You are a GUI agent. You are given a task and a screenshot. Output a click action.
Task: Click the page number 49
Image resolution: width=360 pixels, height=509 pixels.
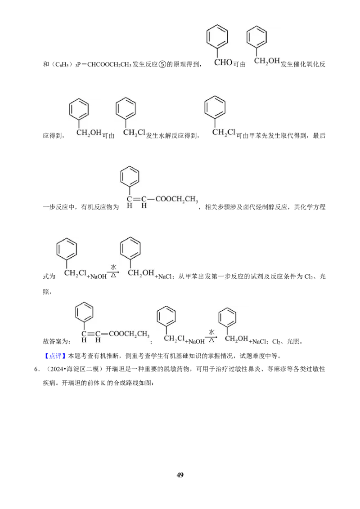tap(180, 475)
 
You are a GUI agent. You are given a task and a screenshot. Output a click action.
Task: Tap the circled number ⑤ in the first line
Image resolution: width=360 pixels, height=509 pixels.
tap(162, 64)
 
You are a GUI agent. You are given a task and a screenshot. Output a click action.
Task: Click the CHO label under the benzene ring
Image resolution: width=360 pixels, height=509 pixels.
tap(223, 62)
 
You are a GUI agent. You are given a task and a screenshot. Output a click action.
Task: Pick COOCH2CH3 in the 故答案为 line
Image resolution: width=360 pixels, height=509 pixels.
tap(129, 334)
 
